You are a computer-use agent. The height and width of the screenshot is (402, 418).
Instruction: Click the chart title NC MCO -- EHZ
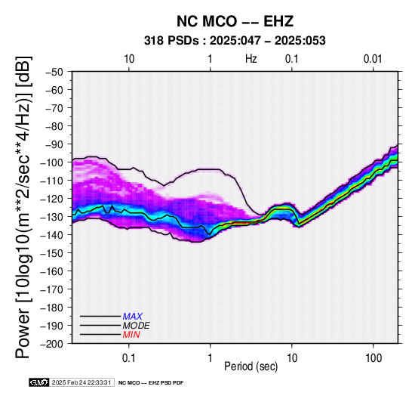pos(235,21)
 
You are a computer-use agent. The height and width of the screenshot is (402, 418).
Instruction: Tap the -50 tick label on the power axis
pos(54,72)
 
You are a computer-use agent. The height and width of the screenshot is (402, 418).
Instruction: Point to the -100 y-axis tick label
pos(52,162)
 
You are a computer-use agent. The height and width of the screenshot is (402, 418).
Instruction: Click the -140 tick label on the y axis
pos(52,235)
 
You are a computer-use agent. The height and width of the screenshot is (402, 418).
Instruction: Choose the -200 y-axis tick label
pos(52,344)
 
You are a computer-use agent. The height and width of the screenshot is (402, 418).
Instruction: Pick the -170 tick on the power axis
pos(52,289)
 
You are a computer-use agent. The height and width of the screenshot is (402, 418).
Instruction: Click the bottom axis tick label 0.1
pos(129,358)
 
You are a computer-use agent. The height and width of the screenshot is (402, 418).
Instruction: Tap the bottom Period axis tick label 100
pos(373,358)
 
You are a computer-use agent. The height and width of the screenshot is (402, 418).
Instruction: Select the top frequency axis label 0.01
pos(373,59)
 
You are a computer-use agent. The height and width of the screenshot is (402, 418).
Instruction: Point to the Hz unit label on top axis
pos(251,59)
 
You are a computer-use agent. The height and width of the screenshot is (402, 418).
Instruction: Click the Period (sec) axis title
pos(250,366)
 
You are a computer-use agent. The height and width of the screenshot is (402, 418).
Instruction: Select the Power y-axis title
pos(23,207)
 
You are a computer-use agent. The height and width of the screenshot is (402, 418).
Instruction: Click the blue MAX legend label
pos(132,317)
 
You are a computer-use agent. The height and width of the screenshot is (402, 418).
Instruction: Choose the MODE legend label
pos(136,326)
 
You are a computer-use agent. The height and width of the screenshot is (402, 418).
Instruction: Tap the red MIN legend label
pos(131,335)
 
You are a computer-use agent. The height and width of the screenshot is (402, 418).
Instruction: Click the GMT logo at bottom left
pos(38,382)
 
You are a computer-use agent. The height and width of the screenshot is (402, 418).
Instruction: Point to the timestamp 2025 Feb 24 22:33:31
pos(81,382)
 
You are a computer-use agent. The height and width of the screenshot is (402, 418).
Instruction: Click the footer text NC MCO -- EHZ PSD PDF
pos(151,383)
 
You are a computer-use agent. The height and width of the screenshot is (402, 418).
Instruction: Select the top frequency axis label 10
pos(129,59)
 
